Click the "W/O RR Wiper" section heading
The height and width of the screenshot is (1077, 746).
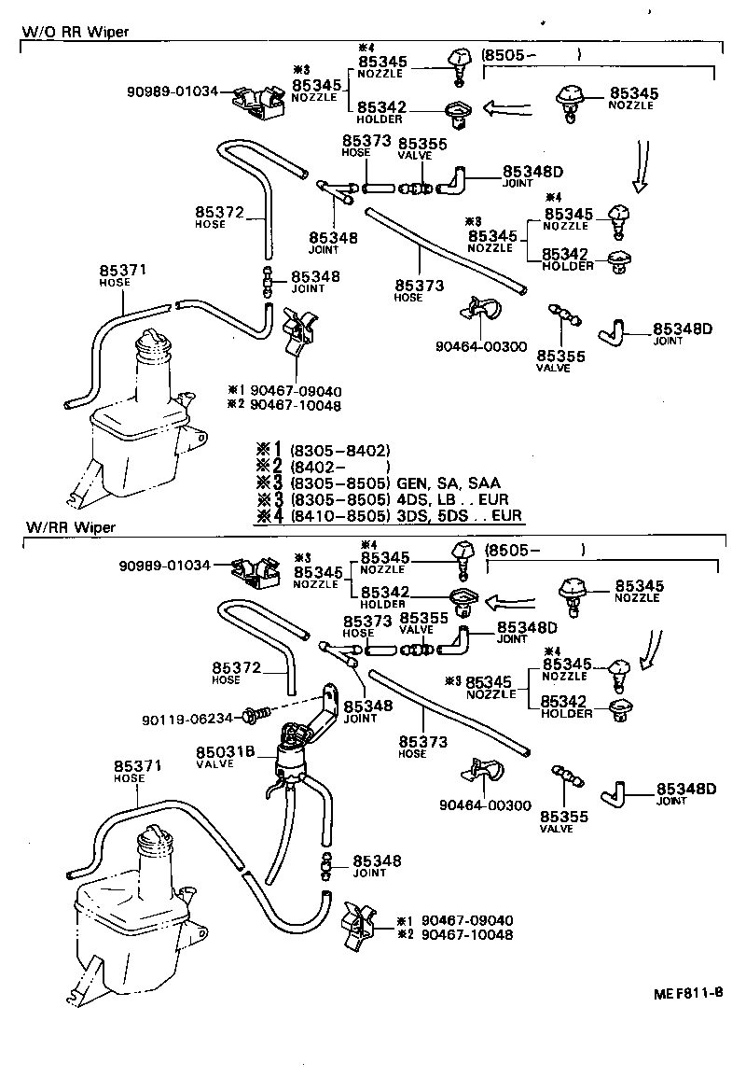click(75, 32)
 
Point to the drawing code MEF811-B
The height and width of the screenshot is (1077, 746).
click(687, 991)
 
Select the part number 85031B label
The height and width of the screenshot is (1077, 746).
click(220, 751)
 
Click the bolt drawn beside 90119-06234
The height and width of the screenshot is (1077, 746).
click(254, 716)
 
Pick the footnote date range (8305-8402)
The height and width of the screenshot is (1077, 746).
click(339, 449)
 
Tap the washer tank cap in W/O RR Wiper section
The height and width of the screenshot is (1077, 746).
click(152, 346)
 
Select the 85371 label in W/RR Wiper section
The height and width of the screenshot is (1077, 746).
click(138, 765)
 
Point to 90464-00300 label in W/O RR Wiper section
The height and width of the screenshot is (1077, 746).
click(481, 346)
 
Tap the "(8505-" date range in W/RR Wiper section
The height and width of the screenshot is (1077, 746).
click(513, 550)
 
